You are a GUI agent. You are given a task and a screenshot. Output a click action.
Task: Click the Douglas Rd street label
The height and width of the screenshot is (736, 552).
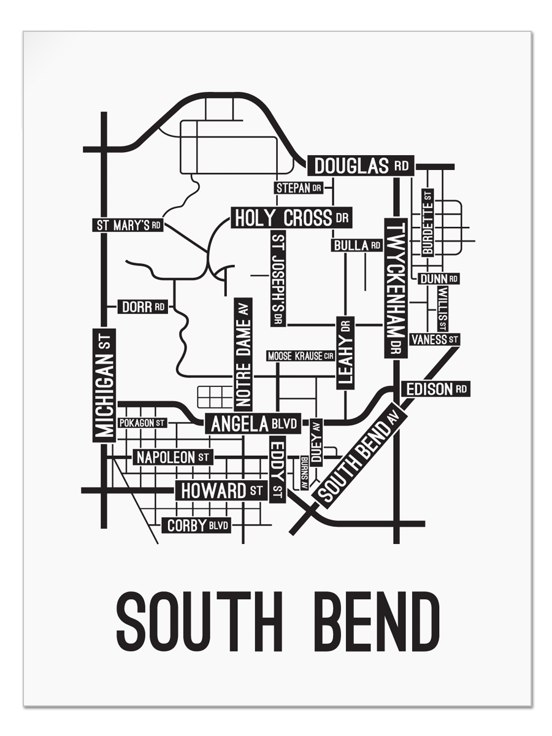click(361, 166)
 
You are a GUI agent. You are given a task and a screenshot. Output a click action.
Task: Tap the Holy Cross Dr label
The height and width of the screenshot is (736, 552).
click(292, 218)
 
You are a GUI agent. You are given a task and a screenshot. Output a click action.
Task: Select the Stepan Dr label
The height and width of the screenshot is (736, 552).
click(299, 188)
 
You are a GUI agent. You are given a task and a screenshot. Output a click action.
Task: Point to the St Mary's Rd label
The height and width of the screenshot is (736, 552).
click(128, 225)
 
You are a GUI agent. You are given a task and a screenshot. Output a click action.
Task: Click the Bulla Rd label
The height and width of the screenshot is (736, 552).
click(357, 245)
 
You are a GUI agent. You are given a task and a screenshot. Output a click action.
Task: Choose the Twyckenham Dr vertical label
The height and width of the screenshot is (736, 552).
click(393, 288)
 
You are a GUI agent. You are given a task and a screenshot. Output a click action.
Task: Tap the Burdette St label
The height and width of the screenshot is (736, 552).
click(427, 222)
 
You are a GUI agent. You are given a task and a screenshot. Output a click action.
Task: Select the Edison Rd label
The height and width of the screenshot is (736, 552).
click(435, 389)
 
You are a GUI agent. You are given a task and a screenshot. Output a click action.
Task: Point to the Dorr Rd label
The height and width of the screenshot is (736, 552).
click(142, 307)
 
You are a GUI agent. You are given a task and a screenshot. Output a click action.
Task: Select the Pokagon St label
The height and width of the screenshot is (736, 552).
click(142, 423)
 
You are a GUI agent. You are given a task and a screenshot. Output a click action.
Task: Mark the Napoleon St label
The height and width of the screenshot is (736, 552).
click(172, 457)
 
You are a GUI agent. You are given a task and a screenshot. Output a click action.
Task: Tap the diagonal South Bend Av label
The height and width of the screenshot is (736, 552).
click(356, 458)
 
